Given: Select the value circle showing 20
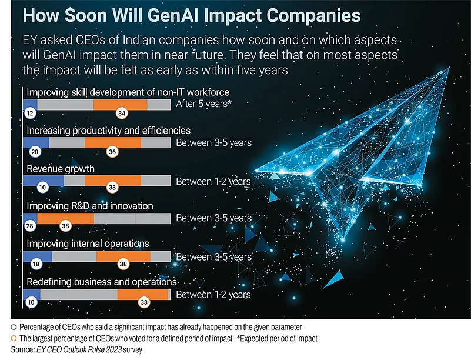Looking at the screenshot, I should tap(35, 151).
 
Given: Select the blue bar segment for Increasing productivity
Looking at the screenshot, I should tap(36, 143).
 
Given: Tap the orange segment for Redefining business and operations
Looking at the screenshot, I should tap(143, 295).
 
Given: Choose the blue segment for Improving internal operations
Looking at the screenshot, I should tap(37, 256).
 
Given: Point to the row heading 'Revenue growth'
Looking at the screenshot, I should tap(61, 169).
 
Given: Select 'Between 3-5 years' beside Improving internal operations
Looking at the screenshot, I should tap(213, 257).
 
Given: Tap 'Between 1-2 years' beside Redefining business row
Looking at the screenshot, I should tap(213, 295).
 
